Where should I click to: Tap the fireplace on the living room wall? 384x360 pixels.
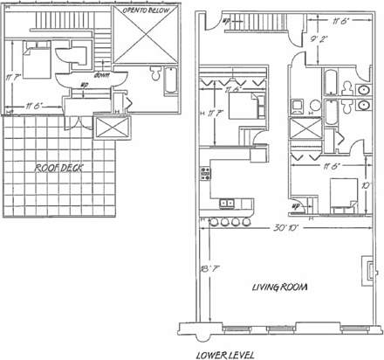[366, 267]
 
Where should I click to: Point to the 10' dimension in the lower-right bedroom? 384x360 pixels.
[367, 184]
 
